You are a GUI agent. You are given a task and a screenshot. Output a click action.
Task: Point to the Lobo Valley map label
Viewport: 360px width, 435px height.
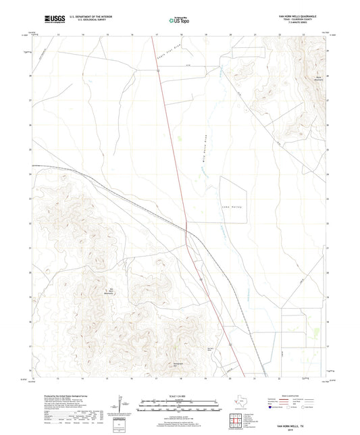pos(232,206)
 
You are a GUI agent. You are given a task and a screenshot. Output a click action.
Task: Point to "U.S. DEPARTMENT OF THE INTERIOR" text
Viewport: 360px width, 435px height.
pos(84,14)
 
